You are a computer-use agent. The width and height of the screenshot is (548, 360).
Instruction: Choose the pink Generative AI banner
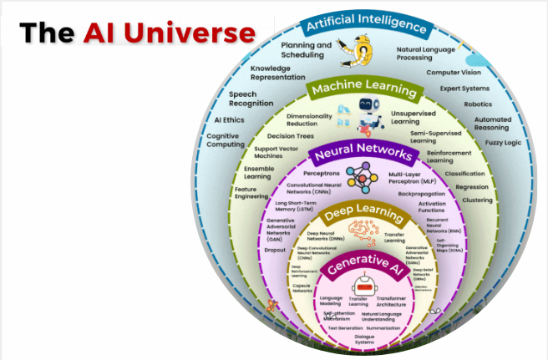coord(363,266)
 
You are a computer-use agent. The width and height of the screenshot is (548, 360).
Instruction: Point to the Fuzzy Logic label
coord(503,143)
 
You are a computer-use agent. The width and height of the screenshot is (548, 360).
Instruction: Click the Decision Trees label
coord(289,134)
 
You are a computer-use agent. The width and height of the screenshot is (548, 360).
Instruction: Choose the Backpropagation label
coord(420,193)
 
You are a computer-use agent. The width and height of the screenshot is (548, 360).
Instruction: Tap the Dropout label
coord(275,249)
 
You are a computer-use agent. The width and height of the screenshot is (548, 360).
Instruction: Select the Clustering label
coord(476,200)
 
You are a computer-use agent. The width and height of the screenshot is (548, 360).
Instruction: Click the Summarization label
coord(383,328)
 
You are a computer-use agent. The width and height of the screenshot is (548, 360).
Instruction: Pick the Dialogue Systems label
coord(364,339)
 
